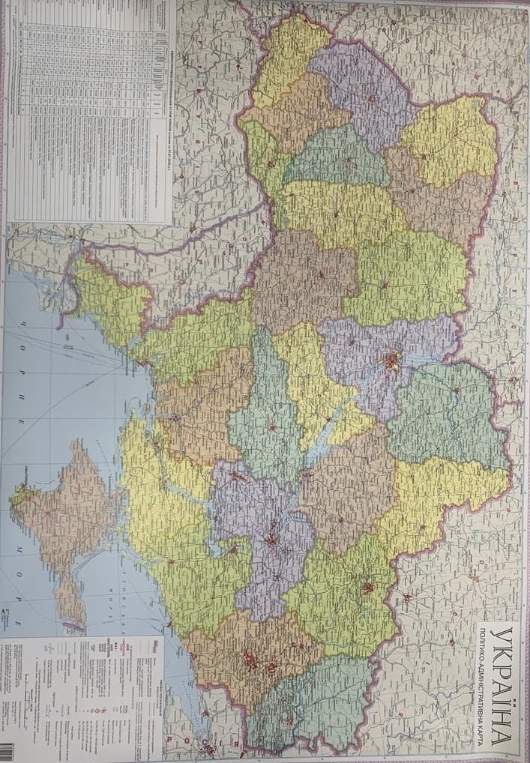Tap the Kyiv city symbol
[x=391, y=362]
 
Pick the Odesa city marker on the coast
[x=175, y=417]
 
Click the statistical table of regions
[x=90, y=112]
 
